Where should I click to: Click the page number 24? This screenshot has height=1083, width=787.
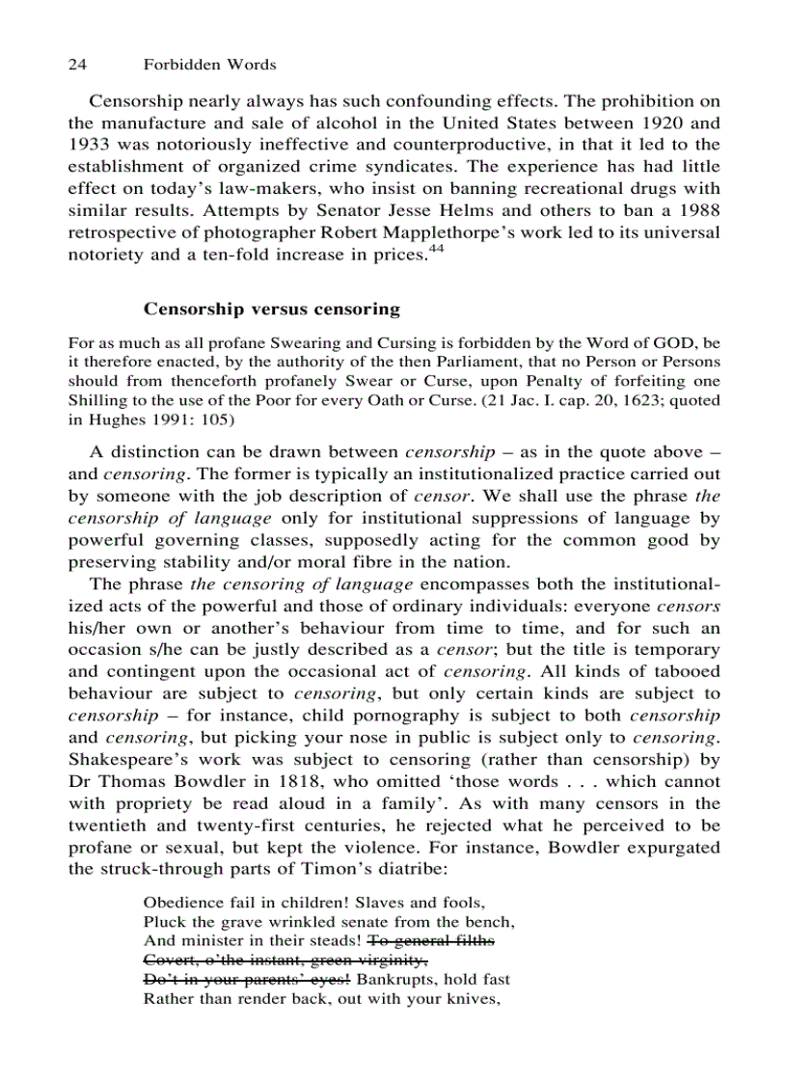point(78,65)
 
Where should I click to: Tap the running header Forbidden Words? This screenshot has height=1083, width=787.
point(209,65)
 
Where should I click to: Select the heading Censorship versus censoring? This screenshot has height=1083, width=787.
point(271,309)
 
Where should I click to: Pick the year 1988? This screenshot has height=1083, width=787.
point(698,211)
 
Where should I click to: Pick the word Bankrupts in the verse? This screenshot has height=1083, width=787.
point(395,980)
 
